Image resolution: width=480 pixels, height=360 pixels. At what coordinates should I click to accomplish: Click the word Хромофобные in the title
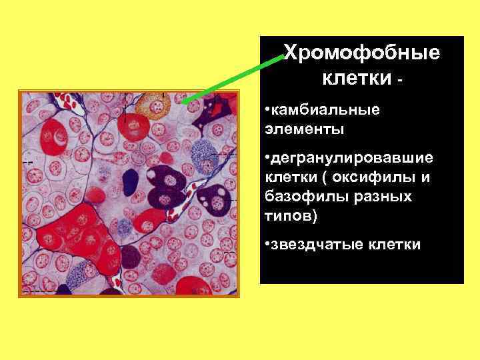[362, 53]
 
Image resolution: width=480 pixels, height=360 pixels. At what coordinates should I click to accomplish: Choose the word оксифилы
[379, 178]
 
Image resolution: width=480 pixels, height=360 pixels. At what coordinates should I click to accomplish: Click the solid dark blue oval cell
[131, 181]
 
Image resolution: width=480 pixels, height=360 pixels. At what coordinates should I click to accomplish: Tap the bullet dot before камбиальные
[266, 109]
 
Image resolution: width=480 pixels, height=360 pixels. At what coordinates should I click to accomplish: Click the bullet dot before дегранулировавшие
[266, 159]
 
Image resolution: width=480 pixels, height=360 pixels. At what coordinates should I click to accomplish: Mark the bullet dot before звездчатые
[266, 245]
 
